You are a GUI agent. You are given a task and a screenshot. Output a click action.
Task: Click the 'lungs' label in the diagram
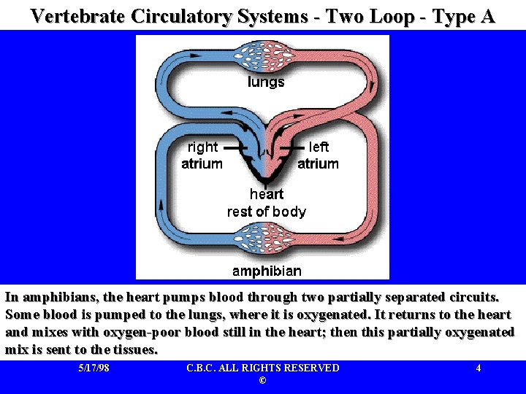click(x=266, y=82)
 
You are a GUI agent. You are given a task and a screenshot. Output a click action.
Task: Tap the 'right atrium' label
click(x=202, y=155)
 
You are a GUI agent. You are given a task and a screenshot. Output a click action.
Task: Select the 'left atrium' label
click(x=319, y=155)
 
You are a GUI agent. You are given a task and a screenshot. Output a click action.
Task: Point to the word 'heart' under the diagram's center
click(x=266, y=194)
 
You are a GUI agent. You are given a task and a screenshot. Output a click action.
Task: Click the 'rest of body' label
click(x=266, y=212)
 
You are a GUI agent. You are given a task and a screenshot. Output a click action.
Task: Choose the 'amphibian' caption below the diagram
click(x=266, y=271)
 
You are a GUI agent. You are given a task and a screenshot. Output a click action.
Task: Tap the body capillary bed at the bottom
click(x=266, y=239)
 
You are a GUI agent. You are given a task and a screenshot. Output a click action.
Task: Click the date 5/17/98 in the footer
click(x=94, y=368)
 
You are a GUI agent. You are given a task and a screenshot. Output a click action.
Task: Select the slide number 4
click(x=478, y=368)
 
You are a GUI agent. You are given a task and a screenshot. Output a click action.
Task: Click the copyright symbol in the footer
click(x=263, y=381)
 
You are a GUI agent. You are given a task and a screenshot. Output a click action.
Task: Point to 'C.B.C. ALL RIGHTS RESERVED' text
click(x=263, y=368)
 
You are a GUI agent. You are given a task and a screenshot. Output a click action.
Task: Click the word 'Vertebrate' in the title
click(x=79, y=16)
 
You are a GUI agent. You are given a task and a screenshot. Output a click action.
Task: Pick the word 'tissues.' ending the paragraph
click(x=134, y=349)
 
